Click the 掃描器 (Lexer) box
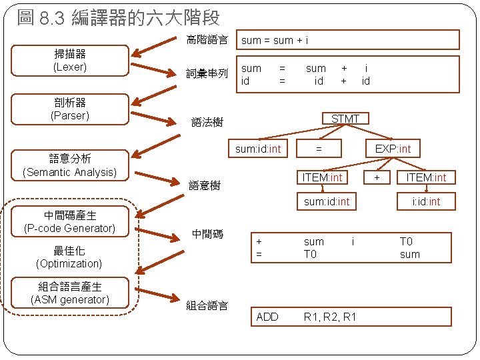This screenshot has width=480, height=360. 70,61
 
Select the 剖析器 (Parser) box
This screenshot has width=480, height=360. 70,109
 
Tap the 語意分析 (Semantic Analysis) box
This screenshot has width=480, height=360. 69,166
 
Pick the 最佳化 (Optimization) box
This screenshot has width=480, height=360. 69,257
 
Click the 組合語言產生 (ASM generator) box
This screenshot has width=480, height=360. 70,293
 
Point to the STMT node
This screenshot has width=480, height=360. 345,119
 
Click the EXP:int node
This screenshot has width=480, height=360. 393,149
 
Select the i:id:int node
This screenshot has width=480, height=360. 426,201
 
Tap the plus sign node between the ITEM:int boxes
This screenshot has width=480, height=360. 377,177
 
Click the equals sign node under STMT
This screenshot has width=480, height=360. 319,149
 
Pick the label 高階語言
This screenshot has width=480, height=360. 207,40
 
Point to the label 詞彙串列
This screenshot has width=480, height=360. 207,73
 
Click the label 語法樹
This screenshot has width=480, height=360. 207,123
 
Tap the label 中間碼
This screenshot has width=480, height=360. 207,234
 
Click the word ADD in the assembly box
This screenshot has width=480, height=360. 267,317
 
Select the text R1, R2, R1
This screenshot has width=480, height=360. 329,317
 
